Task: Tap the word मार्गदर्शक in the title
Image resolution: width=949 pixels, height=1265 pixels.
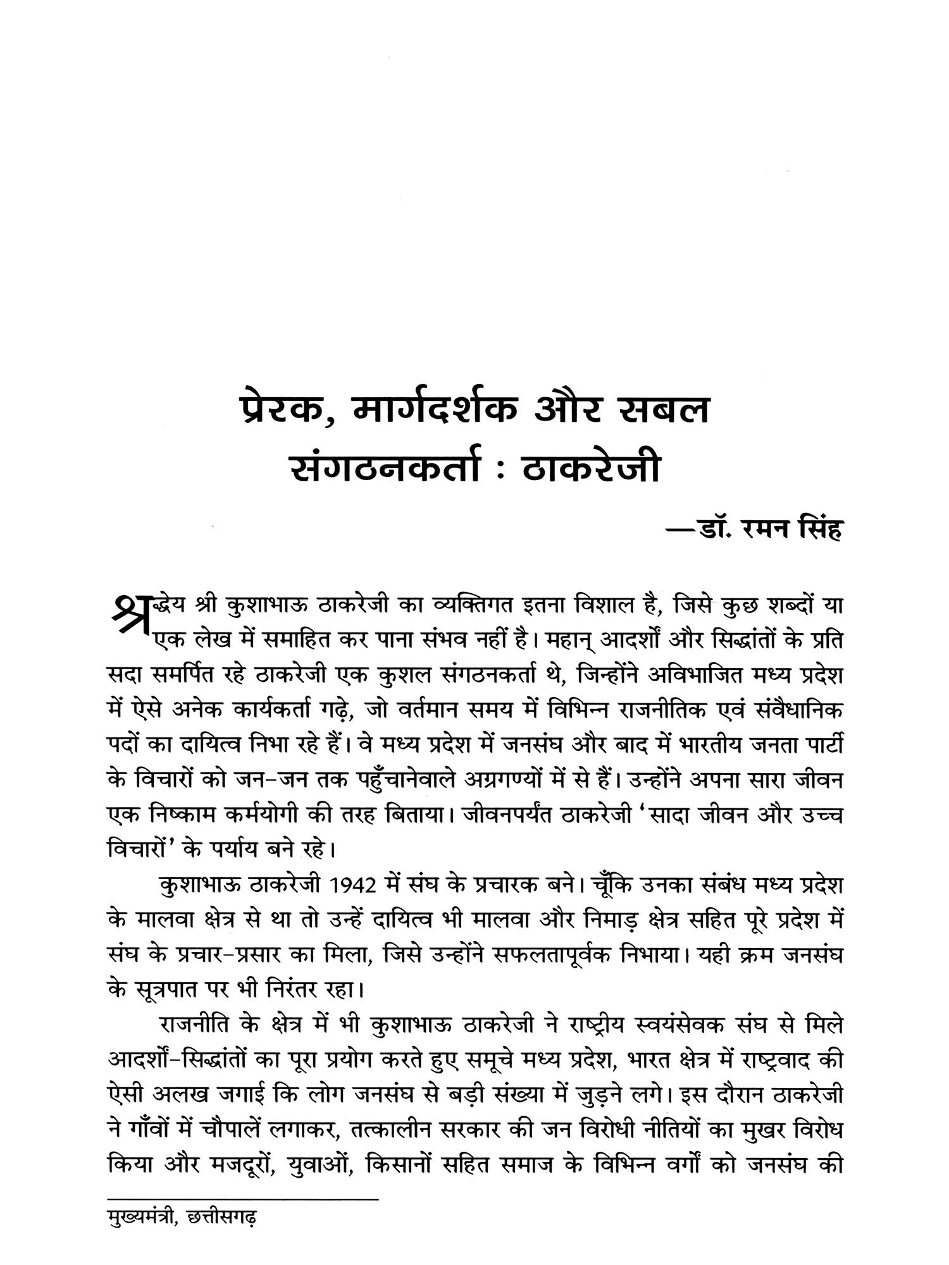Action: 427,410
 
